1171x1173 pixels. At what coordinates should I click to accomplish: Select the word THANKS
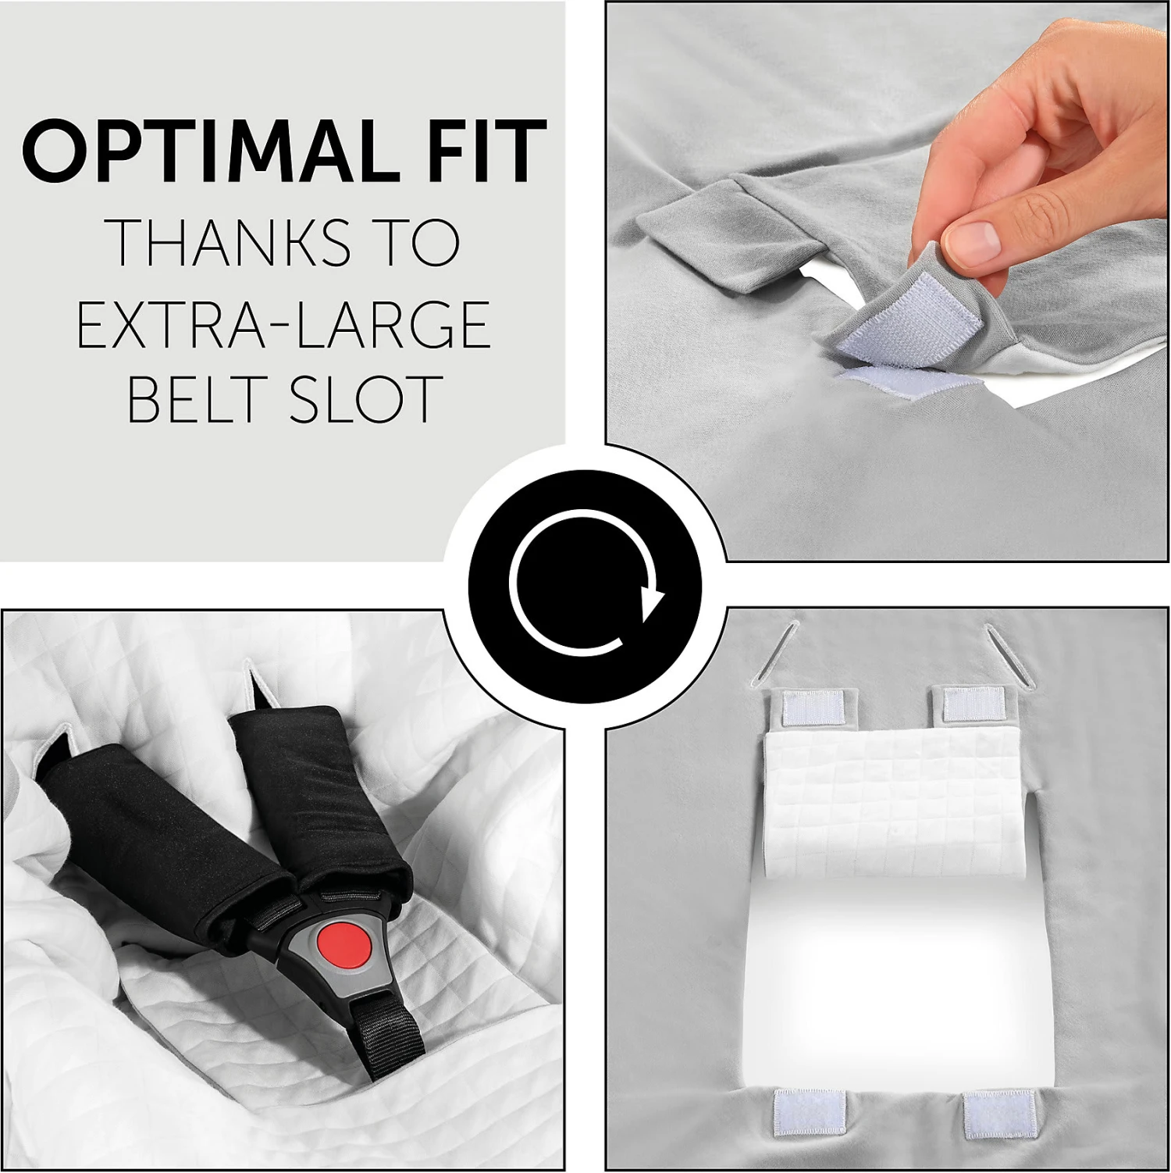[228, 242]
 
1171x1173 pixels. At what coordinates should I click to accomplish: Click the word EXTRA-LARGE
[283, 324]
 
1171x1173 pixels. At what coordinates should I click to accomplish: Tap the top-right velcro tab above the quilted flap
[972, 704]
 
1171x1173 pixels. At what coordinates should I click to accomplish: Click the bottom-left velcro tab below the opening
[810, 1111]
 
